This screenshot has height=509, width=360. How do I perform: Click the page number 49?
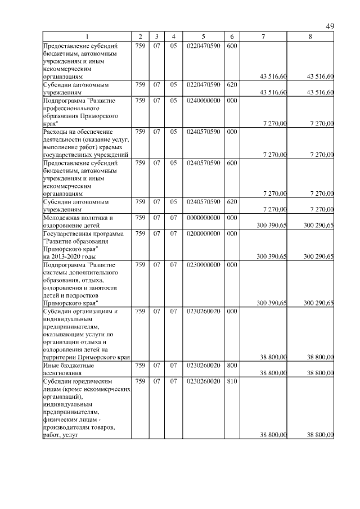pos(330,26)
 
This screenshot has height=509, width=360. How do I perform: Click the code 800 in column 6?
pos(232,364)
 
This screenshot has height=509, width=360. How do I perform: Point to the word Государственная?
pos(71,233)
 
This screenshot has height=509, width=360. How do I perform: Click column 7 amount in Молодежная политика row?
pos(272,225)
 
